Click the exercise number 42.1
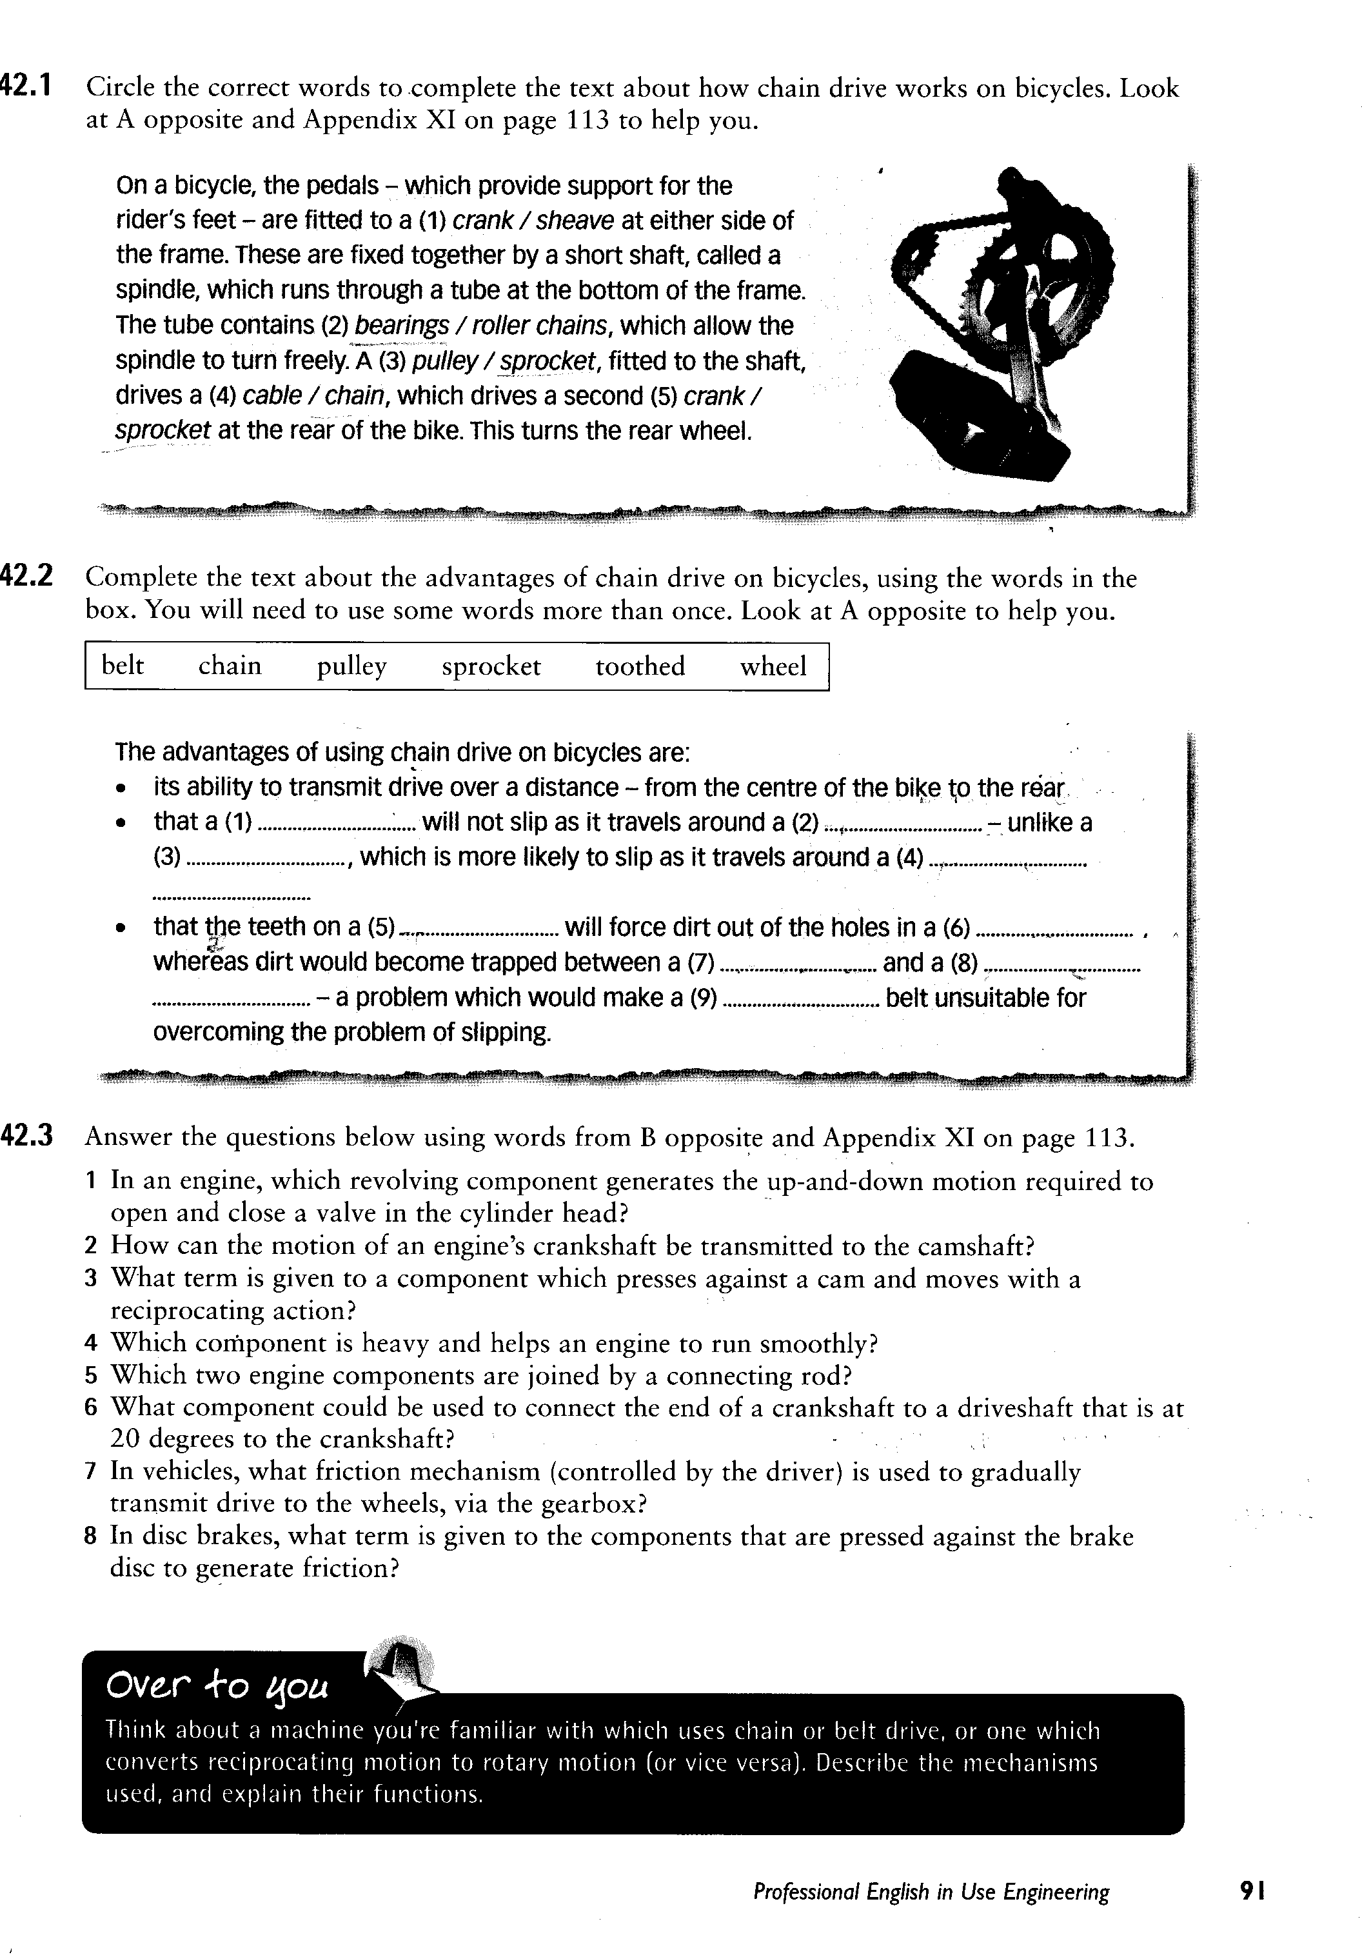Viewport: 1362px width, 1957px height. (27, 86)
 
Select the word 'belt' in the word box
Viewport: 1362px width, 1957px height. (123, 666)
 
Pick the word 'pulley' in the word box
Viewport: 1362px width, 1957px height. (351, 666)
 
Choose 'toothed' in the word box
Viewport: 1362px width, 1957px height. (639, 666)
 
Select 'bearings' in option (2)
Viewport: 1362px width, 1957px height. (401, 326)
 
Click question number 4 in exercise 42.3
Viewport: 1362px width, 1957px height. (91, 1344)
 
